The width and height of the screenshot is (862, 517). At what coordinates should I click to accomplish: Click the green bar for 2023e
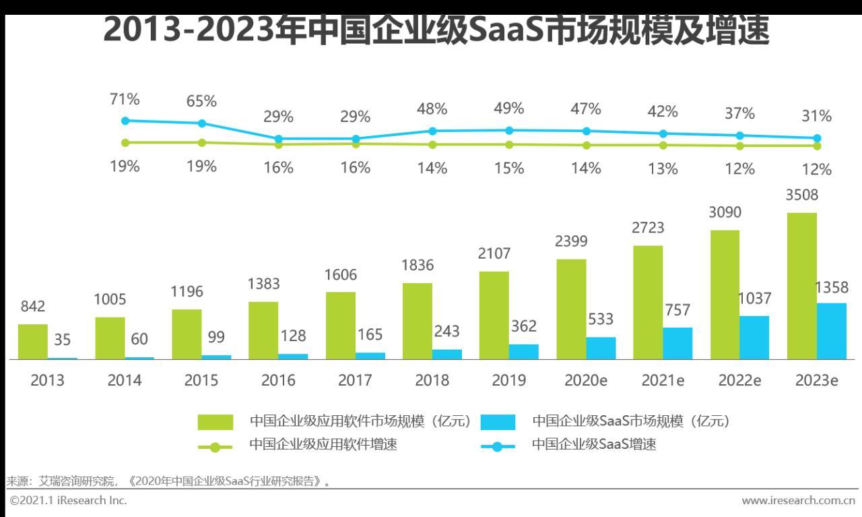point(801,286)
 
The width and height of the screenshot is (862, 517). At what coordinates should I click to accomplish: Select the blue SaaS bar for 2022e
point(754,337)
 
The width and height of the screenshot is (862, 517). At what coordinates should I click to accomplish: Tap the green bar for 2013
point(32,342)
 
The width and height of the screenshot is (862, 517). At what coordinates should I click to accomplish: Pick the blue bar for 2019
point(523,351)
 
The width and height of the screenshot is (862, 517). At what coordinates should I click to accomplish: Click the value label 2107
point(494,253)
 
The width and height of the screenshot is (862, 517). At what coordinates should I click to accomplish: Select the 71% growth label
point(125,100)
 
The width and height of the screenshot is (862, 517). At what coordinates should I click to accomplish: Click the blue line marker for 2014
point(201,123)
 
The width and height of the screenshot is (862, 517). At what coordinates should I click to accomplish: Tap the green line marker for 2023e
point(817,146)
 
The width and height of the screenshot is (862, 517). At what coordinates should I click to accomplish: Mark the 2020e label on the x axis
point(585,380)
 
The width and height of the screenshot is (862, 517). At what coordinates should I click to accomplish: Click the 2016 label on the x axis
point(278,380)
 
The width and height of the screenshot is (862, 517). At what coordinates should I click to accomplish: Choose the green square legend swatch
point(215,422)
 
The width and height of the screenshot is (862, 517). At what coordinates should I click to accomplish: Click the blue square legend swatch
point(498,422)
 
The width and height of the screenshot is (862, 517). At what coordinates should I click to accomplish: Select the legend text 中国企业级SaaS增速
point(593,444)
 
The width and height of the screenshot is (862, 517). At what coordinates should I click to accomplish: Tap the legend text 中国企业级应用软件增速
point(323,444)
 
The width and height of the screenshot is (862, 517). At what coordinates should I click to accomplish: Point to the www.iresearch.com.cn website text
point(798,500)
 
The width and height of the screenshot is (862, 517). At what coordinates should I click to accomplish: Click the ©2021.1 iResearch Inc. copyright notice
point(68,500)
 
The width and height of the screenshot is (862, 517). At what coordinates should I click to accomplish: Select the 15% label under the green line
point(508,168)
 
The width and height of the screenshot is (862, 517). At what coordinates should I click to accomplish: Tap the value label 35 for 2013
point(62,338)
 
